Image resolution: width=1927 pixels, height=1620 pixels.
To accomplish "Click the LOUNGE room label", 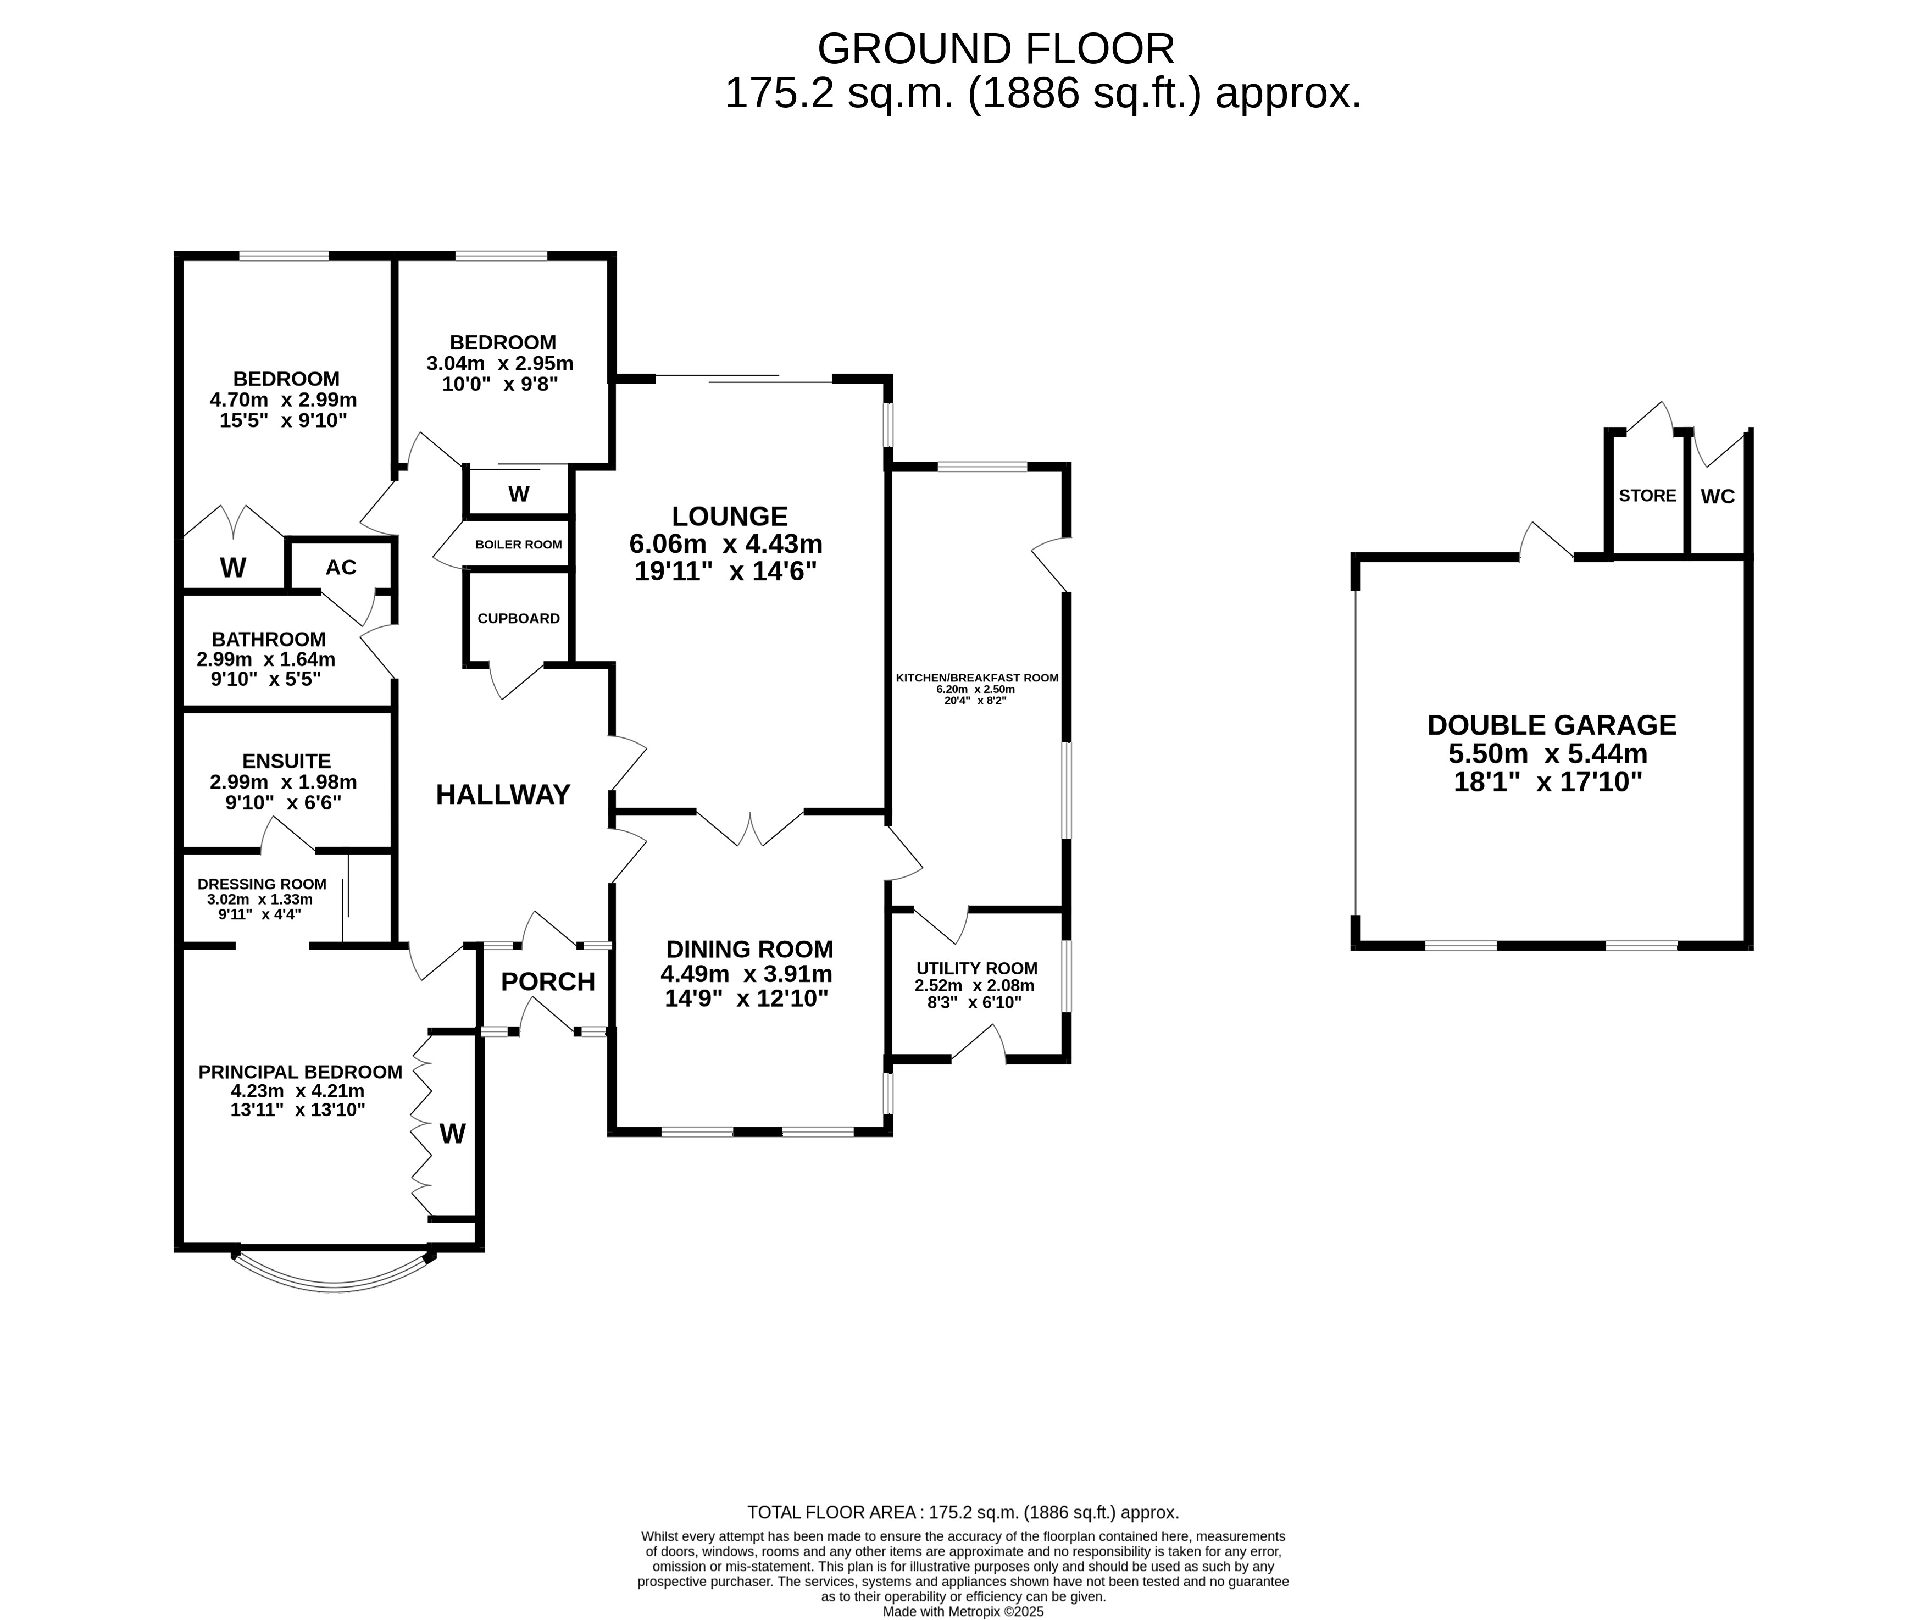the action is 730,517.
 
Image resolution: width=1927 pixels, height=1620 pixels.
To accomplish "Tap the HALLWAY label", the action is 503,795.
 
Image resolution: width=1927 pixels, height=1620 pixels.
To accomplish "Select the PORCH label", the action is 548,982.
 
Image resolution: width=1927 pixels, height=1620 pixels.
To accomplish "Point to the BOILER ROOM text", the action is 519,545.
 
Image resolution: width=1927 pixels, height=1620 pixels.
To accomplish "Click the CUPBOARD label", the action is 519,618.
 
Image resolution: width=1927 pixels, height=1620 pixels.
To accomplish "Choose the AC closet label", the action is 341,568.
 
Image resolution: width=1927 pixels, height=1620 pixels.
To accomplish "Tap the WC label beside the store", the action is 1718,497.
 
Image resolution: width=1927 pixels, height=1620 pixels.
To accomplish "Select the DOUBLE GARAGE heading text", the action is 1552,725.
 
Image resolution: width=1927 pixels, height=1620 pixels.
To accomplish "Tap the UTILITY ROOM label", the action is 977,968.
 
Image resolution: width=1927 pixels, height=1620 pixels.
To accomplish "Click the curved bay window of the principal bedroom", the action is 334,1288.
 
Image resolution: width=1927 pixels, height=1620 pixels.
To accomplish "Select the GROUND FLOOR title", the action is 996,49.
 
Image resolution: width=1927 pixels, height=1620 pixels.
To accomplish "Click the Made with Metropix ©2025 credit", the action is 963,1611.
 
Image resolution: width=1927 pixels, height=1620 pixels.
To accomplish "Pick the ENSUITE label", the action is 286,761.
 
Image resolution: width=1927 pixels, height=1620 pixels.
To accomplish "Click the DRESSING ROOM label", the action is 262,884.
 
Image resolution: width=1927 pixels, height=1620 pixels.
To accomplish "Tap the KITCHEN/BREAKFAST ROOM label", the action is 977,678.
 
